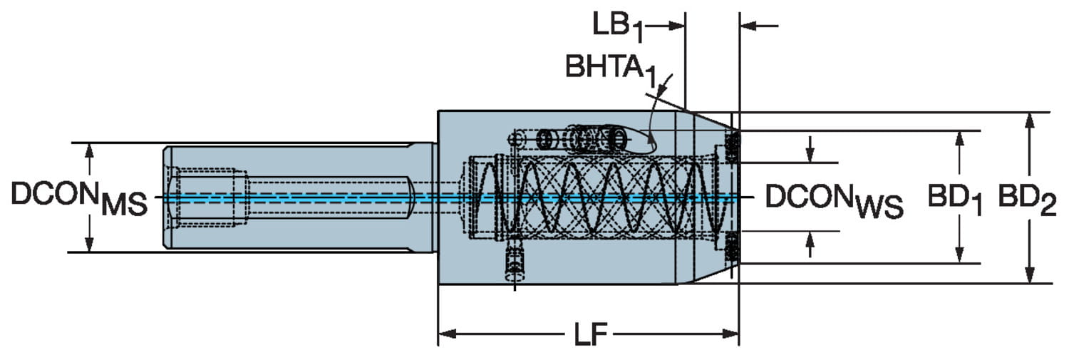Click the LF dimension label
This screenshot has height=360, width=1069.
(x=589, y=334)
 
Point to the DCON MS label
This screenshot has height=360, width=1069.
(x=79, y=197)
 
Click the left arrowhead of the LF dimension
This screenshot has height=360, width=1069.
(x=446, y=333)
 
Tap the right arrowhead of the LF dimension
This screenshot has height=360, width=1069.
(x=731, y=333)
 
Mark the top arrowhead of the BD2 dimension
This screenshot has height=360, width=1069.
(x=1029, y=120)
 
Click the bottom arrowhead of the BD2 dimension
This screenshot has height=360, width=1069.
(x=1029, y=276)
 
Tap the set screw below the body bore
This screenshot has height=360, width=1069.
(x=515, y=264)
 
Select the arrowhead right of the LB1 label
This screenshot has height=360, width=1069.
(x=678, y=26)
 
